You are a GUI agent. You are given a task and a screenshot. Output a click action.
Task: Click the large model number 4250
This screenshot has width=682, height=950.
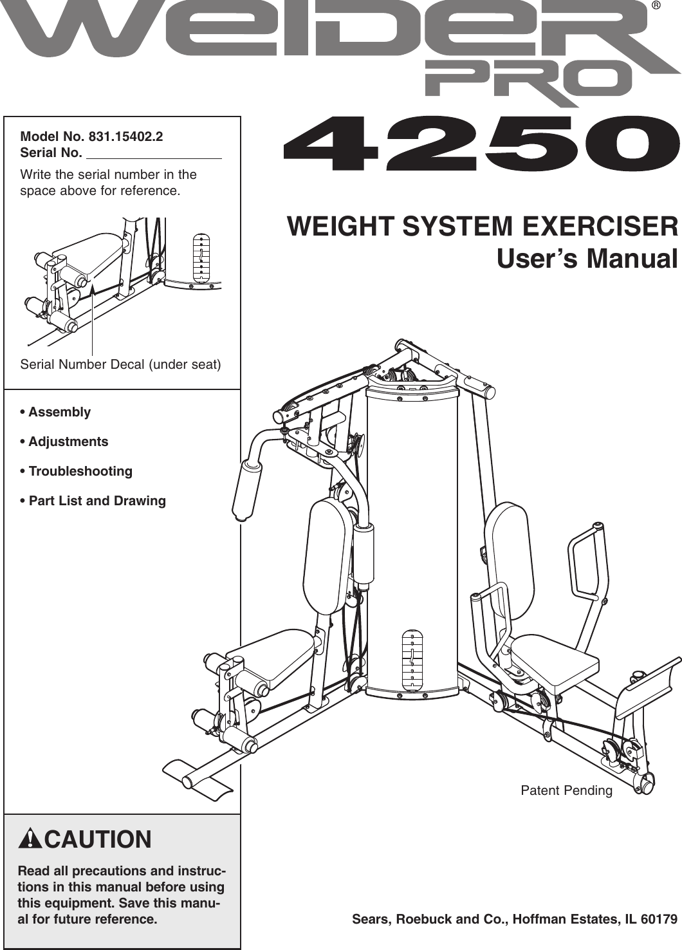(481, 144)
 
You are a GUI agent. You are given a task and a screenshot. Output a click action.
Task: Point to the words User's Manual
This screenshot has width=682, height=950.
(587, 258)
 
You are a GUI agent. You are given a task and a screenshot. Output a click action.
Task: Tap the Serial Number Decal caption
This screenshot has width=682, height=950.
(120, 364)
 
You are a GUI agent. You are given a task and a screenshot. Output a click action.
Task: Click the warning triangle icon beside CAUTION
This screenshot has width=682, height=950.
(30, 839)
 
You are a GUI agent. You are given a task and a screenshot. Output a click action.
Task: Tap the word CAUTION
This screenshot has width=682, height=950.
(98, 839)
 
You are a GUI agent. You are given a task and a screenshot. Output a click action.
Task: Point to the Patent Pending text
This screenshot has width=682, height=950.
(566, 790)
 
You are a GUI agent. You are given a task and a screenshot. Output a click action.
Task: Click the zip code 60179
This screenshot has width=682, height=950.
(659, 919)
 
